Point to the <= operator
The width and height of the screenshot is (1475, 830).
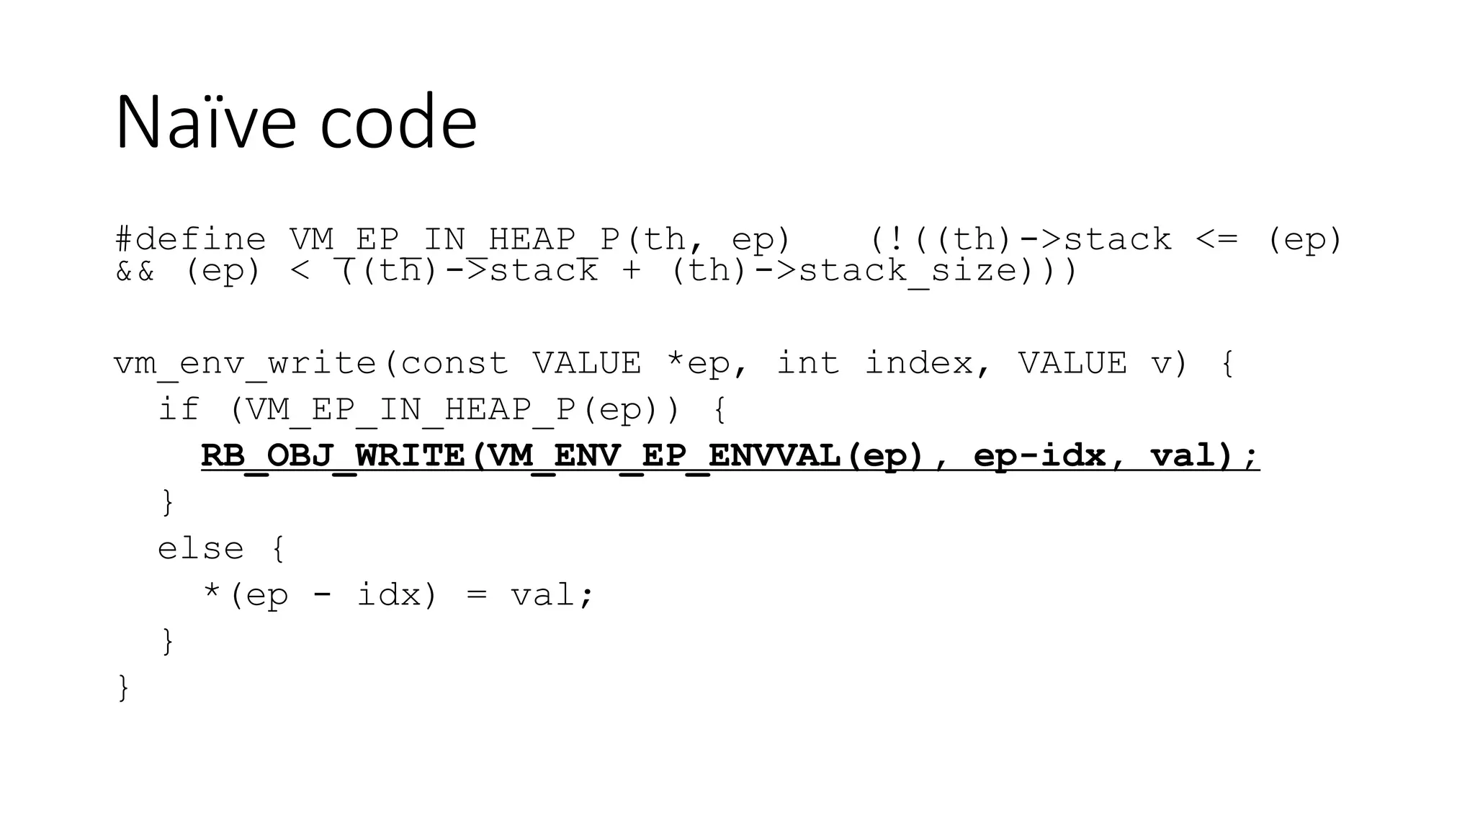click(x=1217, y=239)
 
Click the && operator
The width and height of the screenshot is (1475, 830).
click(x=135, y=271)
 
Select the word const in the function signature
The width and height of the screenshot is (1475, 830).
click(x=454, y=362)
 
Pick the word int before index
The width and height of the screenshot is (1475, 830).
click(x=807, y=362)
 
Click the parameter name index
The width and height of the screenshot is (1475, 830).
click(x=926, y=362)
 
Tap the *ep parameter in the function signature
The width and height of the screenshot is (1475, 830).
click(x=707, y=362)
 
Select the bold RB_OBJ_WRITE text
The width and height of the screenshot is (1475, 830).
click(x=333, y=455)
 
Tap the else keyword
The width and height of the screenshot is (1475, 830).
click(x=201, y=548)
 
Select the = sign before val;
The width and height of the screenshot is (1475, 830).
click(x=476, y=595)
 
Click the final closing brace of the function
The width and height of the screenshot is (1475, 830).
click(x=123, y=687)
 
